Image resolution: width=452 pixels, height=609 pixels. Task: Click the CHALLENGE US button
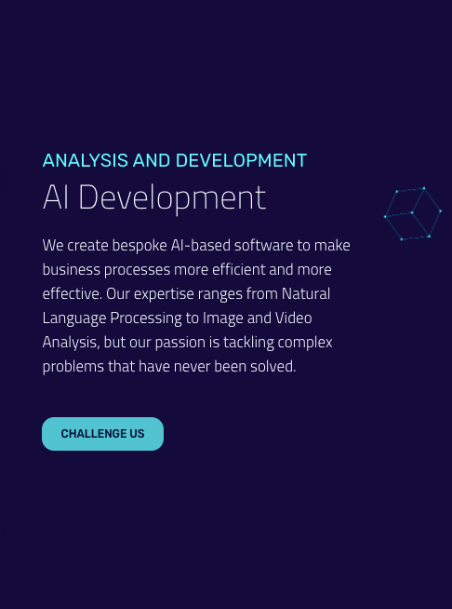pyautogui.click(x=103, y=434)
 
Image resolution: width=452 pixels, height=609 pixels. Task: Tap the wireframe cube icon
pyautogui.click(x=412, y=213)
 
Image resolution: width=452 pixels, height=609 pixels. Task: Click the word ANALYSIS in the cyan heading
pyautogui.click(x=85, y=160)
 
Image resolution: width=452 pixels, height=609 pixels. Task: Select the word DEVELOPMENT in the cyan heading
pyautogui.click(x=241, y=160)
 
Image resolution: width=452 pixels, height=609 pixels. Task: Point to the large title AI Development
pyautogui.click(x=154, y=197)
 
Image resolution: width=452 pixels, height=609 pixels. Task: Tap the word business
pyautogui.click(x=71, y=269)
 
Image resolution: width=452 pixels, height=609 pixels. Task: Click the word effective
pyautogui.click(x=73, y=293)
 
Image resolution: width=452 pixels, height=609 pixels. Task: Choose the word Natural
pyautogui.click(x=306, y=293)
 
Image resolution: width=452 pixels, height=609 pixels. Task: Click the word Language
pyautogui.click(x=74, y=318)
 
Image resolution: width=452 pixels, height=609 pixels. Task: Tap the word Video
pyautogui.click(x=293, y=318)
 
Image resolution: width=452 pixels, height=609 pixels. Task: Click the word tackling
pyautogui.click(x=248, y=343)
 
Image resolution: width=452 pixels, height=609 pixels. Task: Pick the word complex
pyautogui.click(x=305, y=343)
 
